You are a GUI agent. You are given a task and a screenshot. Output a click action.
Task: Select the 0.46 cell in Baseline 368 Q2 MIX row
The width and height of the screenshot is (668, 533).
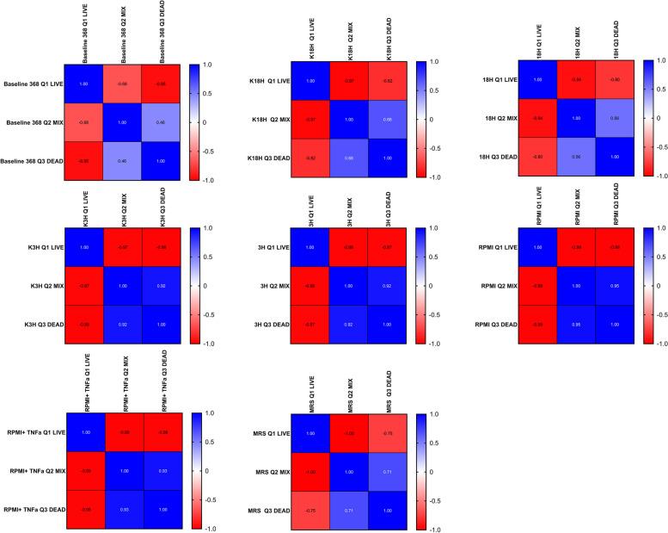point(161,122)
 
